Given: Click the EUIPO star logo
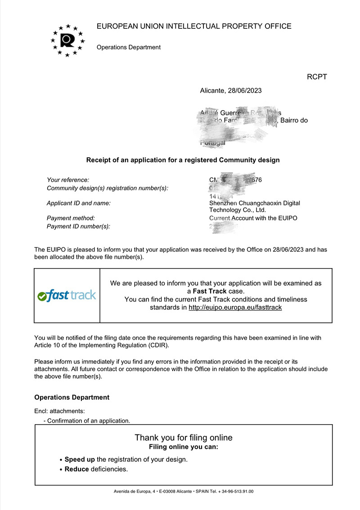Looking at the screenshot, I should pyautogui.click(x=67, y=40).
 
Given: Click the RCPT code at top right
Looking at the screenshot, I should pyautogui.click(x=316, y=77).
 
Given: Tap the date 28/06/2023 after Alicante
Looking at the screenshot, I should pyautogui.click(x=245, y=90).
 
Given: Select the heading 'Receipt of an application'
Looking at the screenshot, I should pyautogui.click(x=183, y=160).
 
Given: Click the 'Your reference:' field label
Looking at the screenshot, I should pyautogui.click(x=68, y=180).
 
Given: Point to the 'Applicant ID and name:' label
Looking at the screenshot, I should pyautogui.click(x=79, y=203).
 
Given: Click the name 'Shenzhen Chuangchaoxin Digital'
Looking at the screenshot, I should pyautogui.click(x=255, y=203).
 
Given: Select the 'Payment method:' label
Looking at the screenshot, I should pyautogui.click(x=71, y=218).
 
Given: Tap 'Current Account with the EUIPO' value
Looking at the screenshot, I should pyautogui.click(x=253, y=218).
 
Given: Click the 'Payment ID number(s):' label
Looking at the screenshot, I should pyautogui.click(x=78, y=226).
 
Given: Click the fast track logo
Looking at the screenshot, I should pyautogui.click(x=67, y=295).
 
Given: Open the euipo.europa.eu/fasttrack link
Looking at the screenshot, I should pyautogui.click(x=235, y=308).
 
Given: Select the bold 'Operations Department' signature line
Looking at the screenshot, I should pyautogui.click(x=72, y=398).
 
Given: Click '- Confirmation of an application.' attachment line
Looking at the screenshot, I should pyautogui.click(x=87, y=421).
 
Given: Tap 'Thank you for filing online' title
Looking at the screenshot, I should pyautogui.click(x=184, y=438).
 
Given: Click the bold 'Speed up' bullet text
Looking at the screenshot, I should pyautogui.click(x=80, y=460).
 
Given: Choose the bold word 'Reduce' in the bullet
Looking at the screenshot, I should pyautogui.click(x=76, y=470).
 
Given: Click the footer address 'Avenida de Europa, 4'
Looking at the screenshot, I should pyautogui.click(x=132, y=492).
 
